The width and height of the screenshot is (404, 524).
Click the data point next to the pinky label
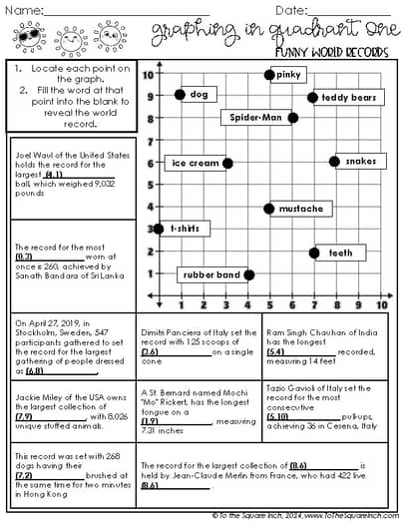click(269, 75)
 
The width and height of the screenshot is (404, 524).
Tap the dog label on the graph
click(200, 95)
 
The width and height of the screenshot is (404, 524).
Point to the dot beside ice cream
click(226, 163)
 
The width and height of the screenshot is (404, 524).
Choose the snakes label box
click(361, 161)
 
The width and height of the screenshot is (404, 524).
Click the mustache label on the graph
click(300, 209)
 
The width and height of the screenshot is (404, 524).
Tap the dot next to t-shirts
click(159, 229)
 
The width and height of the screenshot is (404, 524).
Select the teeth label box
click(340, 253)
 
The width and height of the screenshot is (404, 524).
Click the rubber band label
click(210, 274)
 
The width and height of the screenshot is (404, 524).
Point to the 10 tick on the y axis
click(147, 75)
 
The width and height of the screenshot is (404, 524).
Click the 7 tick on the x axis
click(314, 304)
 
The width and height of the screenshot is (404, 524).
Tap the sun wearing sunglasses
click(30, 39)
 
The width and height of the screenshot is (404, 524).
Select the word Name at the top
click(24, 10)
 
